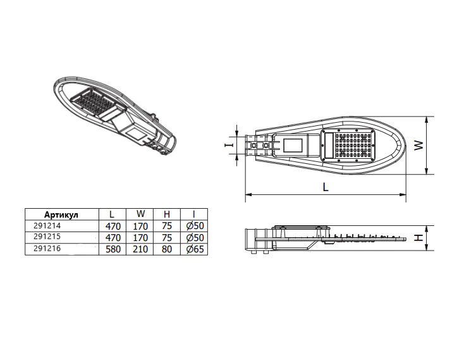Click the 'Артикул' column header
coord(61,214)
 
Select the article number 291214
coord(47,226)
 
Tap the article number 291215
coord(47,237)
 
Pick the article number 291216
coord(47,248)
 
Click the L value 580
coord(113,249)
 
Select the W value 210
coord(140,249)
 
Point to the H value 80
coord(167,249)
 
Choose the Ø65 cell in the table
coord(195,249)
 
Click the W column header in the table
coord(141,213)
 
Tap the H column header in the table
coord(167,214)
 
